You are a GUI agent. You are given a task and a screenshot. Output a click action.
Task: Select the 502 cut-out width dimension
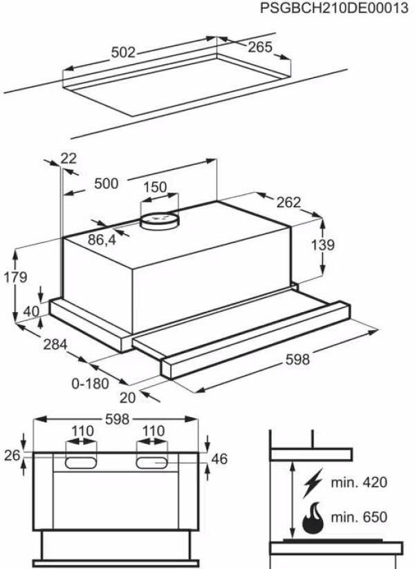point(124,52)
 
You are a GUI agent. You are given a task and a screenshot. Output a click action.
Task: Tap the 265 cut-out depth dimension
point(259,48)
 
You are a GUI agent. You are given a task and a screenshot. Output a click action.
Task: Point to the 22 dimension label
point(68,158)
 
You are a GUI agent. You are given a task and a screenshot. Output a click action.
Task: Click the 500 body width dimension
point(106,184)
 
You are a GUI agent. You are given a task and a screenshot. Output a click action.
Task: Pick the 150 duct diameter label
point(155,187)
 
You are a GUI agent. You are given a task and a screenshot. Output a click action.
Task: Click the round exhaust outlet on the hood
point(160,221)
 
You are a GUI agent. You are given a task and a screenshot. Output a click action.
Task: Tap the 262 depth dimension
point(288,202)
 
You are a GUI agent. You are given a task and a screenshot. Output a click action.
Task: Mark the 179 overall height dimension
point(15,278)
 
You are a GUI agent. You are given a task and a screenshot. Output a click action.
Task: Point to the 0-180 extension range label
point(90,382)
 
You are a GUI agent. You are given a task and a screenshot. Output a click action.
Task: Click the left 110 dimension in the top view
point(82,431)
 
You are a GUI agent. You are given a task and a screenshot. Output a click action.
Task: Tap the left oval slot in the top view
point(82,461)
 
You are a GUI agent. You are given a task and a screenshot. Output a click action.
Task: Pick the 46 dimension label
point(219,459)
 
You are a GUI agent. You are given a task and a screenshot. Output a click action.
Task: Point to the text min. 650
point(358,517)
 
